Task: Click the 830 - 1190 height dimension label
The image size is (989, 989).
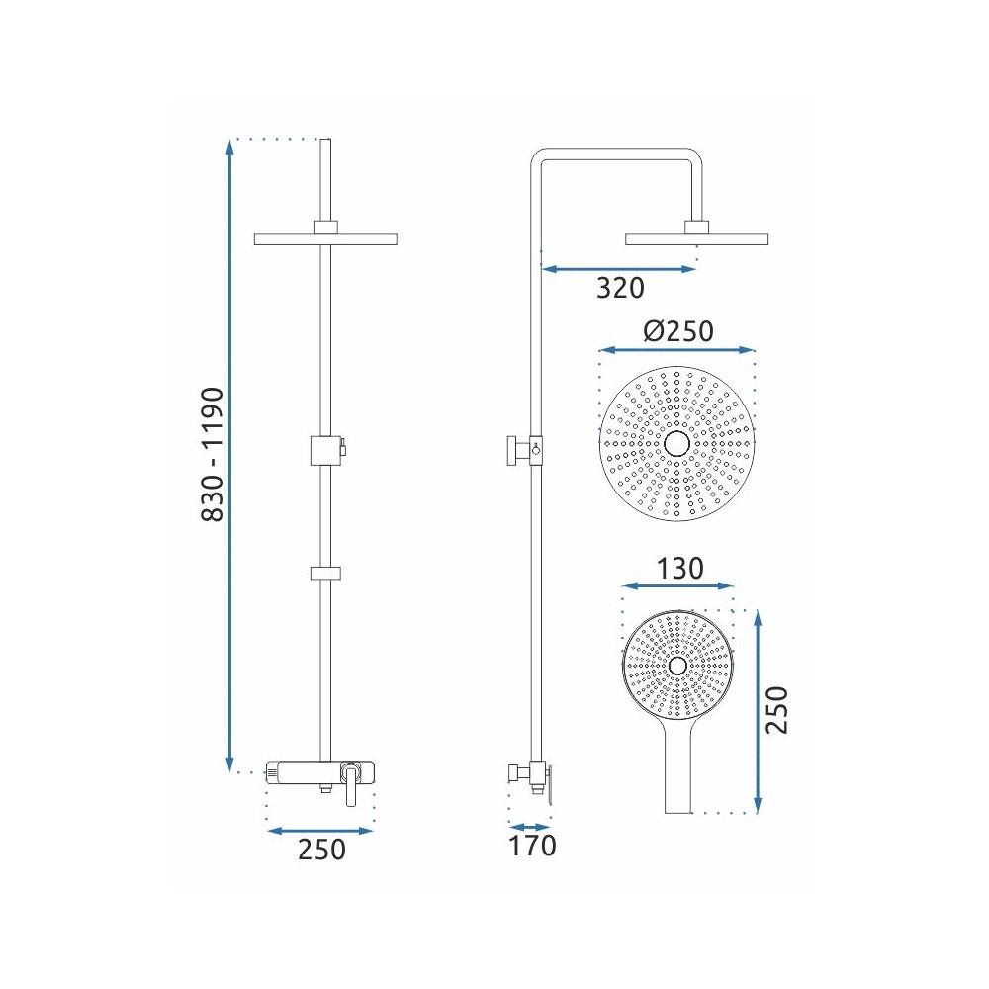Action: coord(213,455)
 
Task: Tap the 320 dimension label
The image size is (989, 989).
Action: coord(621,288)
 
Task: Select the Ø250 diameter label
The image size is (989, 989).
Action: coord(678,330)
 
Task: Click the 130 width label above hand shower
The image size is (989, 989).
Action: coord(680,569)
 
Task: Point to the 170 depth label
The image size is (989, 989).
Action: coord(532,846)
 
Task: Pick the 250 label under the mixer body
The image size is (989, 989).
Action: coord(321,849)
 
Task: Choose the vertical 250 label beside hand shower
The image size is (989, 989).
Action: coord(776,709)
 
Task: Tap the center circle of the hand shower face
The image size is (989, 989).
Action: coord(678,666)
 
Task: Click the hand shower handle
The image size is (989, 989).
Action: coord(678,769)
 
